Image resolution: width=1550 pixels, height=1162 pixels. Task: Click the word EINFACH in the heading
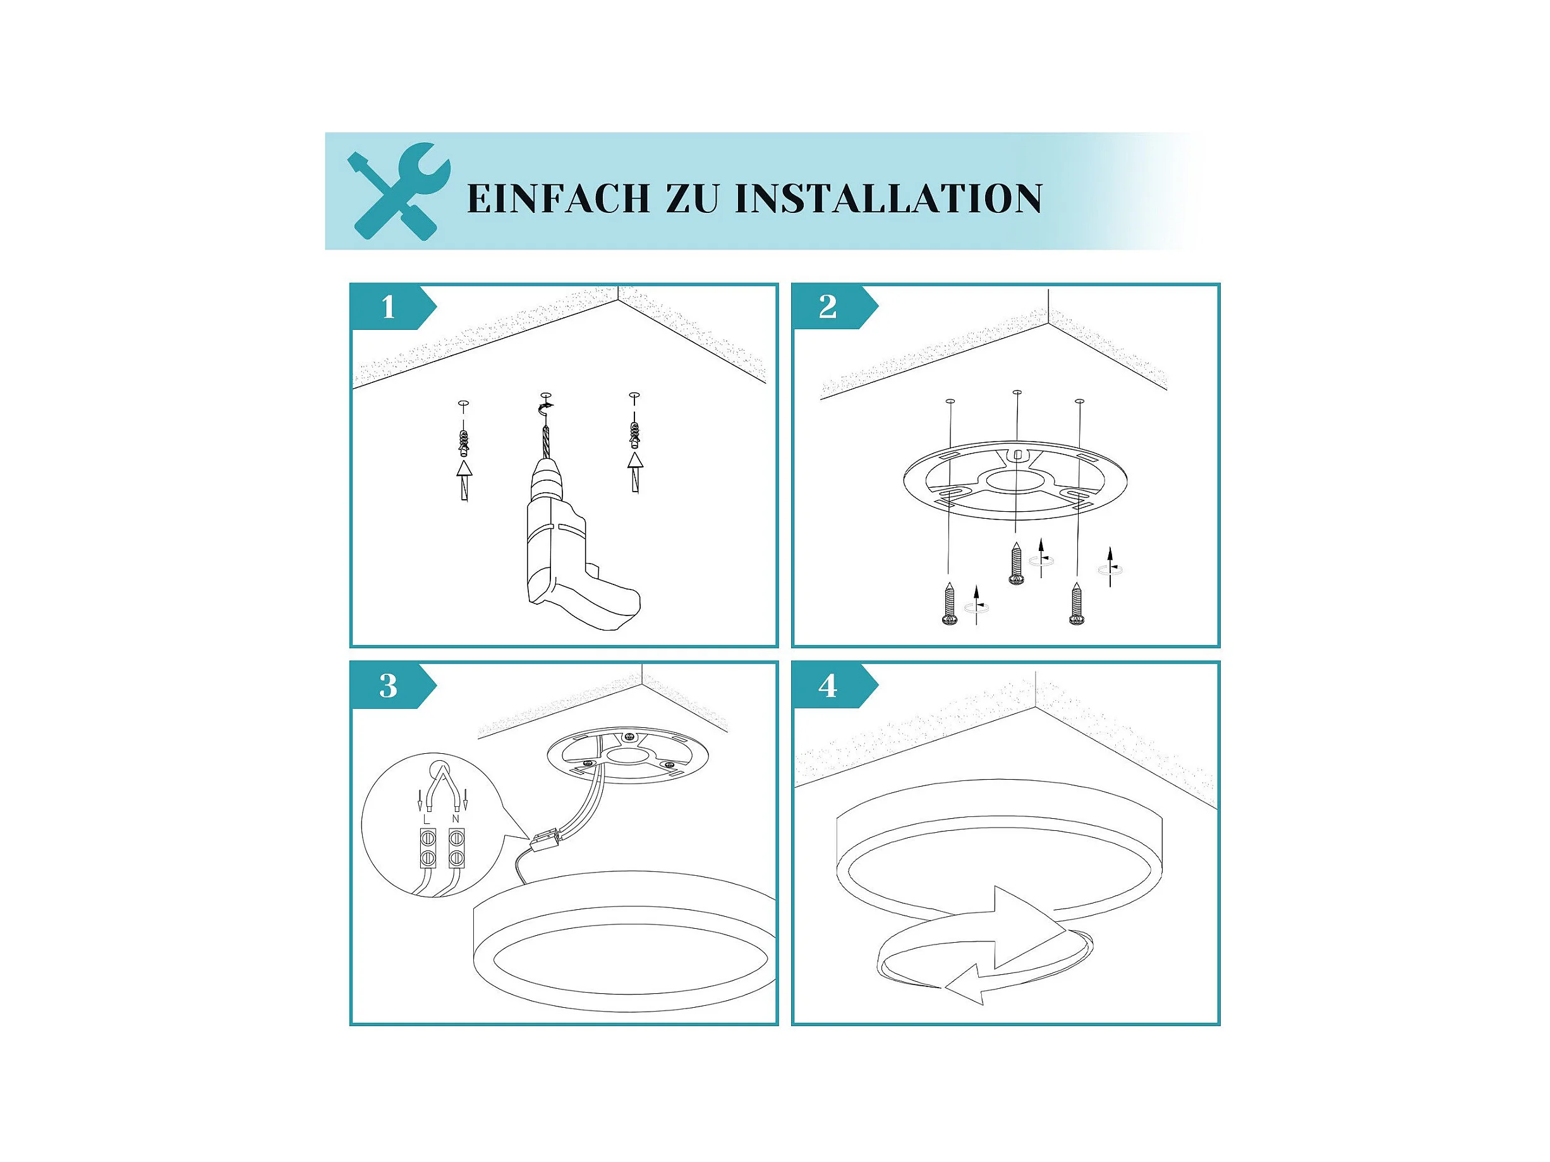pos(559,198)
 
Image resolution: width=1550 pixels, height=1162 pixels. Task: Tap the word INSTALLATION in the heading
pos(888,198)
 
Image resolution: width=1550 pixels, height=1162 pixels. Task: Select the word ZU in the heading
pos(692,198)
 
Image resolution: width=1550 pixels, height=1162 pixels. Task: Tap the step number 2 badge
pos(832,307)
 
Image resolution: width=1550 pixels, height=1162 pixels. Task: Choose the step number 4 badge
pos(832,686)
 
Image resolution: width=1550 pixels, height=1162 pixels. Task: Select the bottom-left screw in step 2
pos(950,603)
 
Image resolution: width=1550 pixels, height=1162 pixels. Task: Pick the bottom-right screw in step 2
pos(1076,603)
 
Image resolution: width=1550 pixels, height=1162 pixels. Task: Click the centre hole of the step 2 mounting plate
pos(1016,481)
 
